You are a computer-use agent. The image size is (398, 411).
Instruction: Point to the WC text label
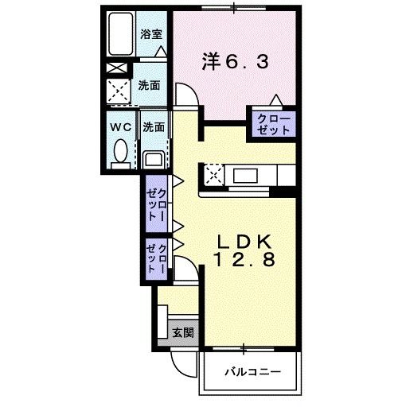coord(121,126)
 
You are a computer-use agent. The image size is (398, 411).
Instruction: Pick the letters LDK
coord(246,241)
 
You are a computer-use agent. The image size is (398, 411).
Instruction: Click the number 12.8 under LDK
coord(245,260)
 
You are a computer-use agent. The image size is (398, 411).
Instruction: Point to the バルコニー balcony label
coord(251,371)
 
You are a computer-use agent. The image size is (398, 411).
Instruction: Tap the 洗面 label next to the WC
coord(154,126)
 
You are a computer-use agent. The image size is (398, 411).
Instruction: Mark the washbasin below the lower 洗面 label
coord(154,160)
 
